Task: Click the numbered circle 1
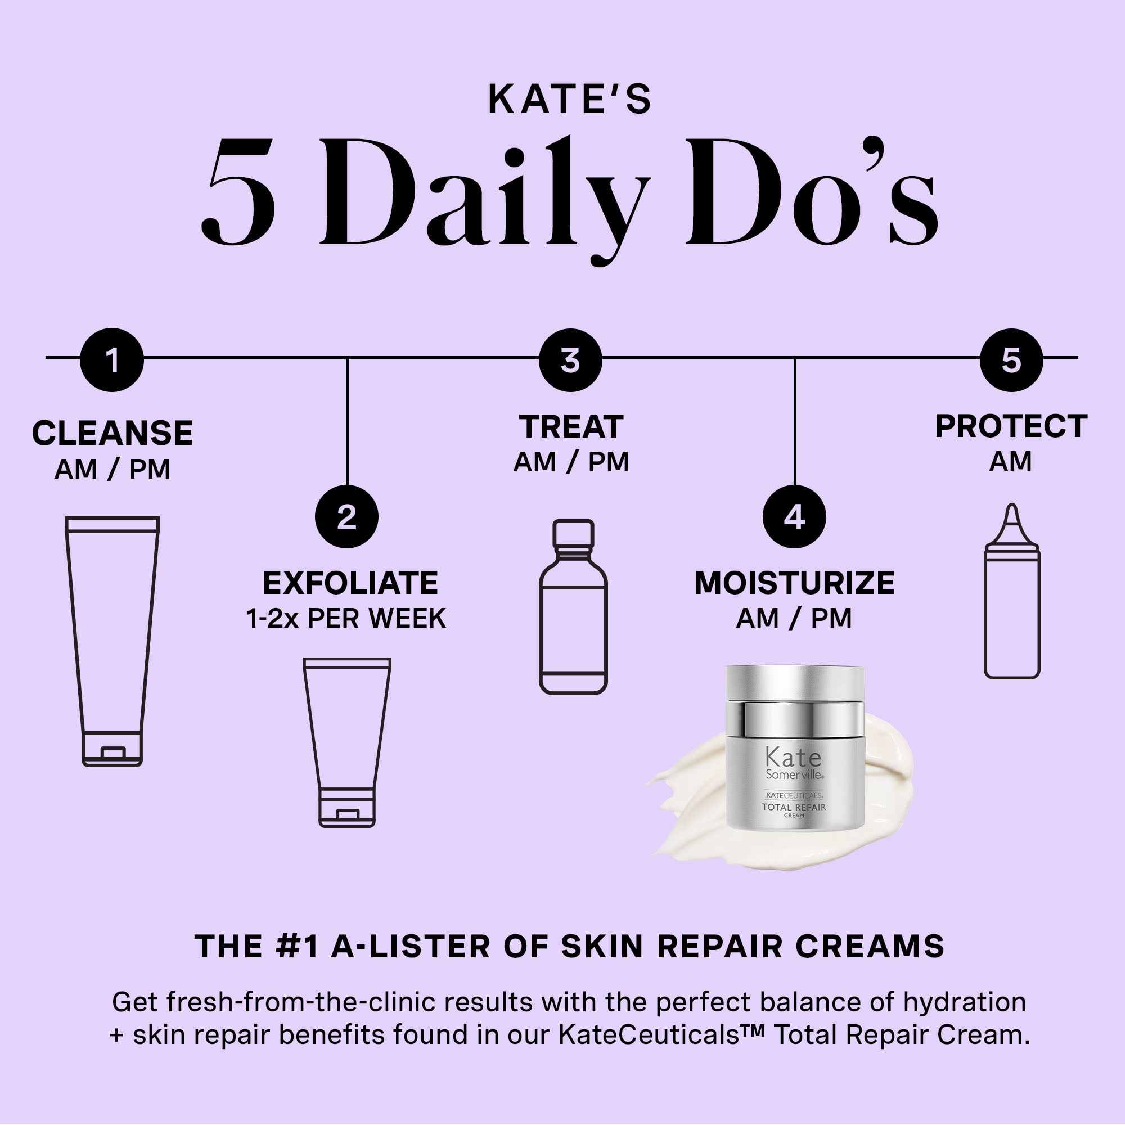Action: (112, 360)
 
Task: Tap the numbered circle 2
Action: (346, 516)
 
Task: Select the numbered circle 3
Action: (570, 360)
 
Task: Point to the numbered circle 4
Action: (794, 516)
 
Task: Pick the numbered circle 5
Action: (1011, 360)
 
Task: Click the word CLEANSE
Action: (112, 433)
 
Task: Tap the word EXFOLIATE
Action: (350, 583)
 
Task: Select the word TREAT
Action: (571, 427)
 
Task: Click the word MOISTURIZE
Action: (794, 583)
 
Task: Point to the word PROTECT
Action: (1011, 426)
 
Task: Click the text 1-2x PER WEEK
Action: (346, 618)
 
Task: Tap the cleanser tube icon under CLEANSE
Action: (112, 641)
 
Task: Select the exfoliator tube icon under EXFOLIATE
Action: (347, 742)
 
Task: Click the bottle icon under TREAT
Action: (574, 607)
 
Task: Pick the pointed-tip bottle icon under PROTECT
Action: (1012, 591)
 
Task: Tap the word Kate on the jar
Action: (793, 758)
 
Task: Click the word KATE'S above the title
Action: (569, 100)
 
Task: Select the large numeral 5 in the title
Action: (238, 192)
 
